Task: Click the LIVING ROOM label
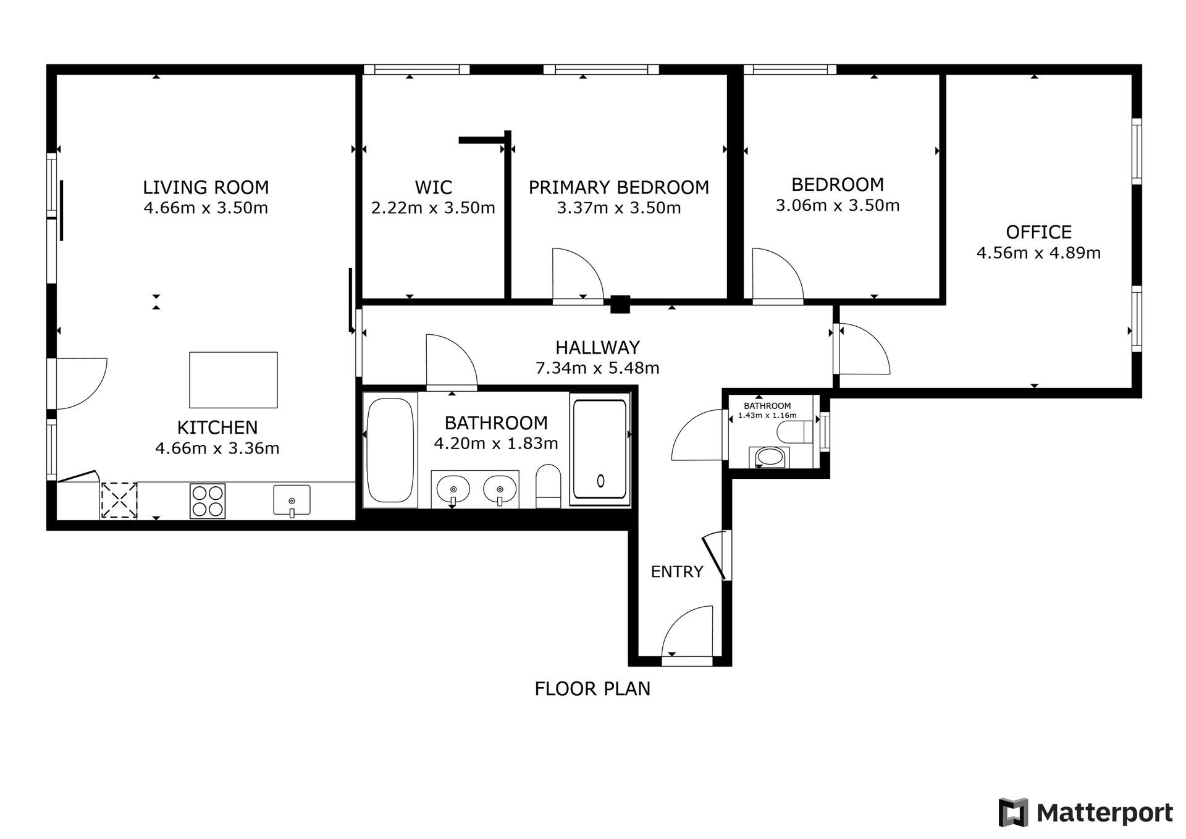click(206, 187)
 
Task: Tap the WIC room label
click(433, 187)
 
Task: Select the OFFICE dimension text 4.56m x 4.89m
click(1038, 253)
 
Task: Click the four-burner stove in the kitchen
click(208, 501)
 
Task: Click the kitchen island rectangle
click(233, 380)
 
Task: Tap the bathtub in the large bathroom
click(390, 450)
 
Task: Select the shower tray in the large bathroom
click(600, 449)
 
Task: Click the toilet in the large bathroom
click(548, 487)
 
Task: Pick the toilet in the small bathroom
click(794, 432)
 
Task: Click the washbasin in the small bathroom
click(769, 457)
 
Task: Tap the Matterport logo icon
click(1013, 812)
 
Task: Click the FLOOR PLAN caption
click(592, 689)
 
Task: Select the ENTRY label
click(677, 572)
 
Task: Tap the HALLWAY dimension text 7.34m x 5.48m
click(597, 368)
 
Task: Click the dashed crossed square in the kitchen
click(119, 500)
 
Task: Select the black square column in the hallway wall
click(620, 304)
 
